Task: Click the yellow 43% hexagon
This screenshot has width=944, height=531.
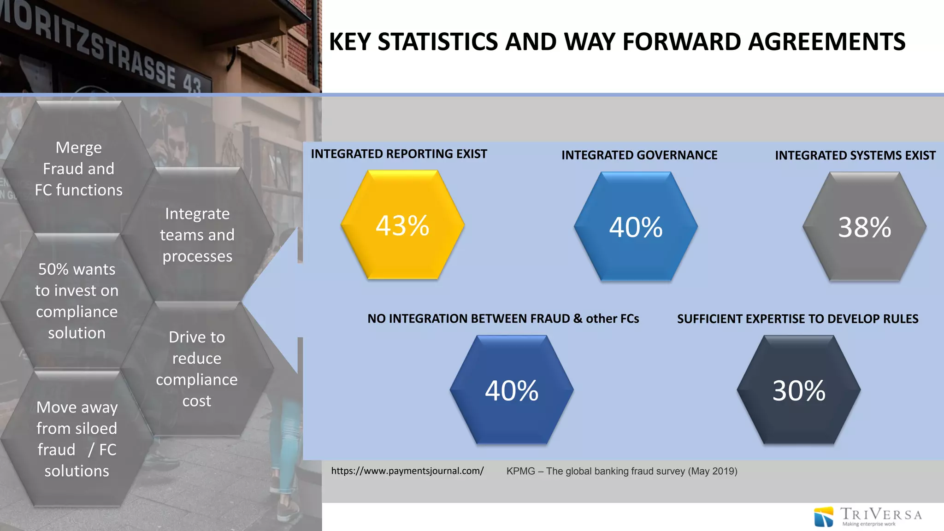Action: [402, 225]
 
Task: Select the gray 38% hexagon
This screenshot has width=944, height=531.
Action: [865, 226]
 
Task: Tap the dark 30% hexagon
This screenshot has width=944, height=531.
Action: [799, 390]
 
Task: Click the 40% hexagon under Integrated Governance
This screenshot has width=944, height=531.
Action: [636, 226]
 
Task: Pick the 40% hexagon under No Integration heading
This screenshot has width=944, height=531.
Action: [512, 390]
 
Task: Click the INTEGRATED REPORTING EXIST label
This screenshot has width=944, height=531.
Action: [399, 154]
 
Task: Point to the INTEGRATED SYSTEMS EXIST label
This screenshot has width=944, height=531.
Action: [855, 155]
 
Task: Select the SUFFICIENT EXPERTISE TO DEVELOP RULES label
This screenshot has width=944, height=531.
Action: [797, 319]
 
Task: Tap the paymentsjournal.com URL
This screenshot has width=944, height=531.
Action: [407, 471]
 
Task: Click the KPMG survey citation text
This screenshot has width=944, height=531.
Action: [622, 472]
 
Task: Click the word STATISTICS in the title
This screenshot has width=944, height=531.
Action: [438, 42]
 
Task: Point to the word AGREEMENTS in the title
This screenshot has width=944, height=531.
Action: [826, 42]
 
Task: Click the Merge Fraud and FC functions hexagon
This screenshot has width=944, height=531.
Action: [79, 168]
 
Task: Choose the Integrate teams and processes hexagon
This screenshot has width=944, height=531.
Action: [197, 235]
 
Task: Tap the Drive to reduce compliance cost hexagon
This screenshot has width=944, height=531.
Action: [197, 369]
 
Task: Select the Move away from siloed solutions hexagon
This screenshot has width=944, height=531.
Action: [77, 439]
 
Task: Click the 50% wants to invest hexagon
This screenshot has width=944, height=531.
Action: [77, 301]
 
